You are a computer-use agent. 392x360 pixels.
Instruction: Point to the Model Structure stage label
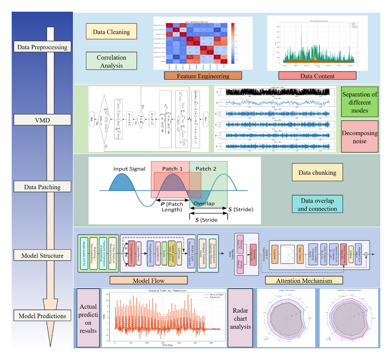point(42,256)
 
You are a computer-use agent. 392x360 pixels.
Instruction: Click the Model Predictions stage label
point(42,316)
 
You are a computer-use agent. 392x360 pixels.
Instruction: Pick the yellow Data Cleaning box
point(111,31)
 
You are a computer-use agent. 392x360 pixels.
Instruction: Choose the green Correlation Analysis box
point(111,61)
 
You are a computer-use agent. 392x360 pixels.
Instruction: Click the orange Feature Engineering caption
point(203,76)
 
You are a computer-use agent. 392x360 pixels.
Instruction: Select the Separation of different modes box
point(360,102)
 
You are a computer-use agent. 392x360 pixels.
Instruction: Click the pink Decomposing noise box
point(360,137)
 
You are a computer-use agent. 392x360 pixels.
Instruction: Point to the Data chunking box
point(317,172)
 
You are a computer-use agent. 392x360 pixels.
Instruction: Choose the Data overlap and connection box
point(317,204)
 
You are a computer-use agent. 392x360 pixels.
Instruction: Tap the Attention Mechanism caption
point(304,280)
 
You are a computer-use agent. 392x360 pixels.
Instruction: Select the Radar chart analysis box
point(241,318)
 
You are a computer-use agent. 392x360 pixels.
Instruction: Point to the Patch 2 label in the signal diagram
point(206,169)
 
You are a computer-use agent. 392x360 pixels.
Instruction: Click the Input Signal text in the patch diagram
point(129,169)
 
